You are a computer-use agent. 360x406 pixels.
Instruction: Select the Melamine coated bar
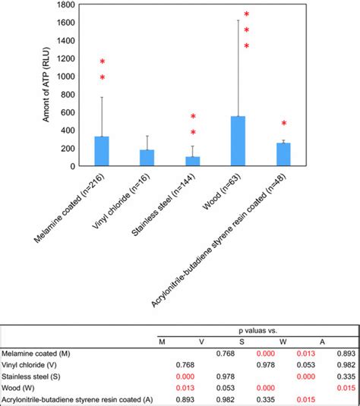tap(102, 151)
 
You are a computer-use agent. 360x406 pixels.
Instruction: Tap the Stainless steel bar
tap(192, 161)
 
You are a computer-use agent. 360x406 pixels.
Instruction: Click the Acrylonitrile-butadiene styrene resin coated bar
tap(283, 154)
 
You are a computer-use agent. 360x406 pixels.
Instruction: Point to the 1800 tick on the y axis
tap(65, 5)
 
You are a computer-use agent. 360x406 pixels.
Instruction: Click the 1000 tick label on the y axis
tap(65, 77)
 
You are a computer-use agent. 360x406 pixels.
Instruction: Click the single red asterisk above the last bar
tap(284, 124)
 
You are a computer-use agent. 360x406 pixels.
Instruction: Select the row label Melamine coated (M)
tap(32, 353)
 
